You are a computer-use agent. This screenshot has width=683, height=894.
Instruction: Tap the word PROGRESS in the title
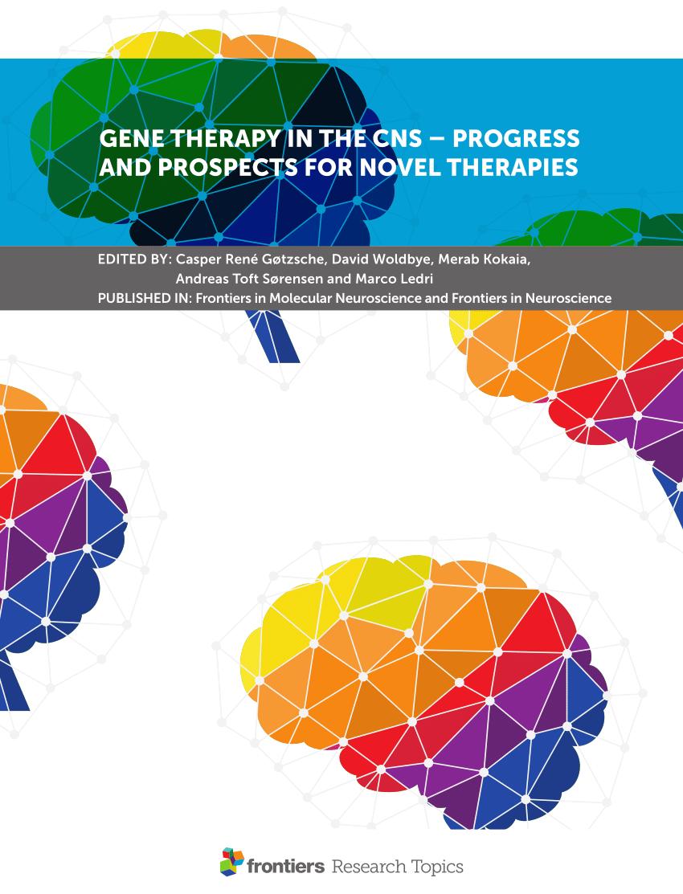pos(516,138)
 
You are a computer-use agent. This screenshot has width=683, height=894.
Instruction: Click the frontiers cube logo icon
pos(231,861)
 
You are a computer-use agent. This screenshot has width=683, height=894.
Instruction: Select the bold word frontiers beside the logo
pos(286,867)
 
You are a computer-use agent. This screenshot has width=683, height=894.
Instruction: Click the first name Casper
pos(194,260)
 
